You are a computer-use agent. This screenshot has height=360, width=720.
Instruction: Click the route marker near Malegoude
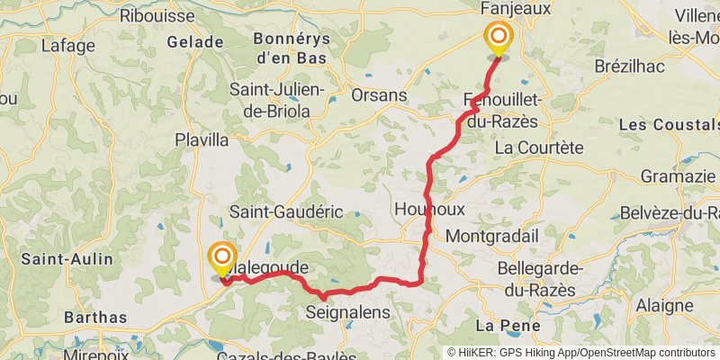pyautogui.click(x=221, y=258)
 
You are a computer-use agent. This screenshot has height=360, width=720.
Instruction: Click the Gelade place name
pyautogui.click(x=196, y=42)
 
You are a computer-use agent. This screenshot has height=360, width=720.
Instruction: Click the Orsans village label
pyautogui.click(x=379, y=95)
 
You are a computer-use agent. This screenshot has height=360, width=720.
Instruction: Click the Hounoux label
pyautogui.click(x=430, y=208)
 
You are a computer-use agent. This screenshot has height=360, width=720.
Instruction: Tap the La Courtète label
pyautogui.click(x=540, y=147)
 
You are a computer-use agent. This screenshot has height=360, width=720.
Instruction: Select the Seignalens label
pyautogui.click(x=348, y=312)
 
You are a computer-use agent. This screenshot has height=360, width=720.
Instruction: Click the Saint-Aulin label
pyautogui.click(x=67, y=259)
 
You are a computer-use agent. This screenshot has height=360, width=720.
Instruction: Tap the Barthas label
pyautogui.click(x=95, y=317)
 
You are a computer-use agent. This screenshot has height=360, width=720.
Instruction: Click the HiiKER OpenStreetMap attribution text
pyautogui.click(x=581, y=353)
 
